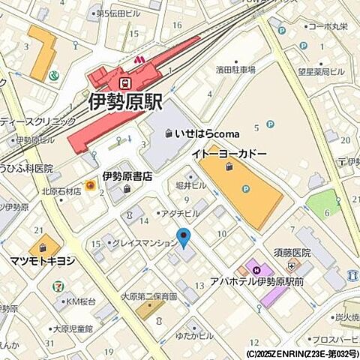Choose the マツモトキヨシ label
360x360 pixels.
tap(42, 261)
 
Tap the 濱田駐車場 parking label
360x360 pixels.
tap(235, 69)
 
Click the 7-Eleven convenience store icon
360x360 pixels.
tap(58, 286)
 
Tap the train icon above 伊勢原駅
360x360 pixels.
tap(126, 82)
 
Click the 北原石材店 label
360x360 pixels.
tap(61, 190)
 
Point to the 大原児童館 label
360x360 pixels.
tap(73, 328)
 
